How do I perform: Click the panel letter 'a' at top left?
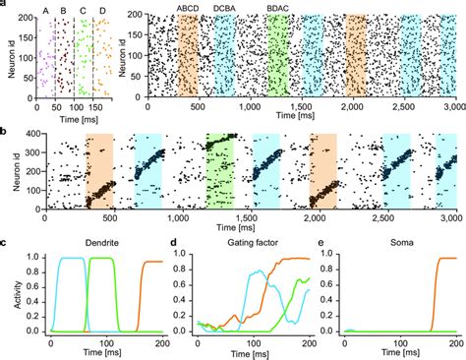point(5,4)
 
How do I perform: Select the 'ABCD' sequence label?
point(187,9)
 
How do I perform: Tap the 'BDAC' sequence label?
point(278,9)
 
